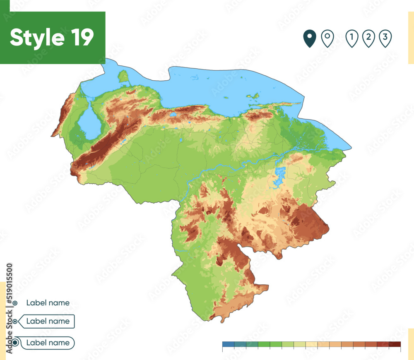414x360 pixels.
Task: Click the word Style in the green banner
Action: (x=36, y=38)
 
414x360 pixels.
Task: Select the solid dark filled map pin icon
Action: (x=309, y=38)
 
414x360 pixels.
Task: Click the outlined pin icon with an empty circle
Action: (x=327, y=38)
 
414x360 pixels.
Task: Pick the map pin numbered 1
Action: (x=351, y=38)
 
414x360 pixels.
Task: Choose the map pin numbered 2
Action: (x=368, y=38)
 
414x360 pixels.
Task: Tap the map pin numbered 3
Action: (x=385, y=38)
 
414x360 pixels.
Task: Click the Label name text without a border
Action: (x=48, y=303)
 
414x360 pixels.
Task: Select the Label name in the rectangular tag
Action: (x=48, y=321)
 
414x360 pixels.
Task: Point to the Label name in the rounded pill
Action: (x=48, y=343)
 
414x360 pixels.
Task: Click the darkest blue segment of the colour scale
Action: (x=228, y=344)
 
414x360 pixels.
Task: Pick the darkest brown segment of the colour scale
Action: (x=395, y=344)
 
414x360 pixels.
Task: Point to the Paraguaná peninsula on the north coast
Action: (x=123, y=76)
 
